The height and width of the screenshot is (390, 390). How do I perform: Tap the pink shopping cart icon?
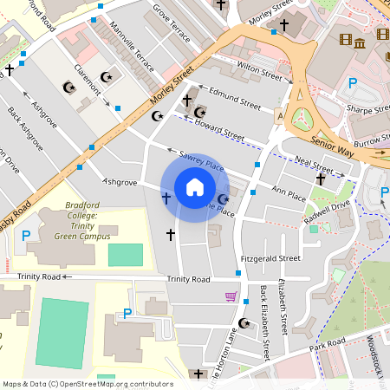click(231, 296)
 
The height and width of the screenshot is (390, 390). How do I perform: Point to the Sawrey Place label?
click(201, 160)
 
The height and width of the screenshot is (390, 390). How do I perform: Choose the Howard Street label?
click(219, 131)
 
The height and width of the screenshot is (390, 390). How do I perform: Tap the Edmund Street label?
click(235, 98)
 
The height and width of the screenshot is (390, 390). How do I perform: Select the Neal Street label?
click(314, 165)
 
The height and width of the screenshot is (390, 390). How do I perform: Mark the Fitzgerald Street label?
click(270, 257)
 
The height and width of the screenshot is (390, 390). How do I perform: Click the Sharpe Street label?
click(369, 109)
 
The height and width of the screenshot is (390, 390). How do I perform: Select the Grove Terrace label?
click(171, 20)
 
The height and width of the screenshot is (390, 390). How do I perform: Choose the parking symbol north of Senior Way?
click(352, 83)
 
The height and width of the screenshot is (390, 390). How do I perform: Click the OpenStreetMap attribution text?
click(88, 383)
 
